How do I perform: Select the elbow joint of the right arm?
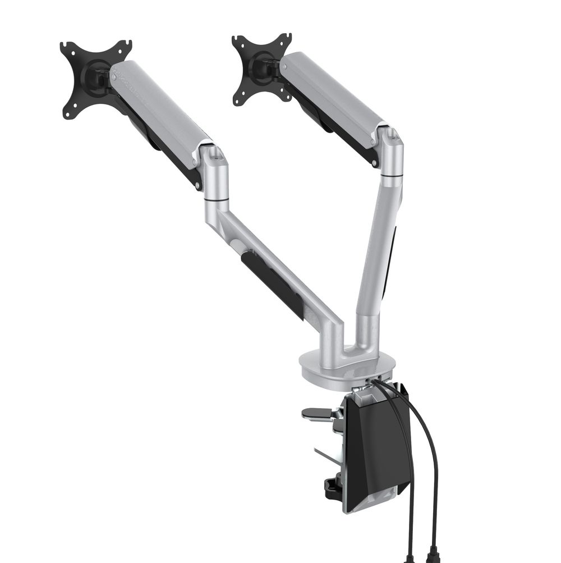click(x=391, y=152)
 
